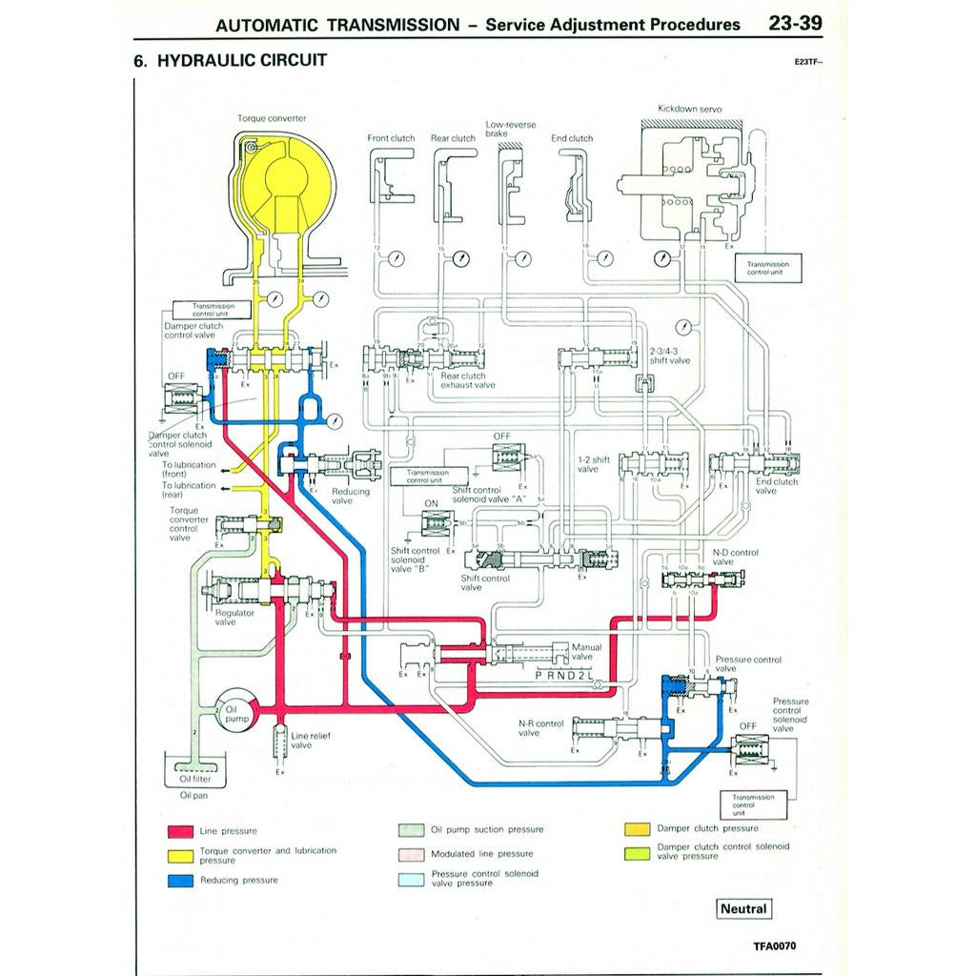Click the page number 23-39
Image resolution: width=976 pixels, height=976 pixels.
tap(796, 23)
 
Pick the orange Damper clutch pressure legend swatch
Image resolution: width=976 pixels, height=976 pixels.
tap(637, 828)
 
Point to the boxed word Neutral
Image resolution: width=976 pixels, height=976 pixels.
tap(742, 908)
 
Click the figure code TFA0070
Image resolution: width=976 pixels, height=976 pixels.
tap(773, 946)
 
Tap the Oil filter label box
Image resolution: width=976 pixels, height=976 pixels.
tap(194, 779)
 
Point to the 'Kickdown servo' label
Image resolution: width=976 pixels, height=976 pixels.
tap(689, 110)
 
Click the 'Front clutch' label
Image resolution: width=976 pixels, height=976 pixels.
tap(391, 138)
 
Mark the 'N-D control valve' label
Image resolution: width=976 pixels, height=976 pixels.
tap(735, 557)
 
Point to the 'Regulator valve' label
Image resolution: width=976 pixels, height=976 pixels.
tap(225, 618)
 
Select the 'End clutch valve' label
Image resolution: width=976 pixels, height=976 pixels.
tap(778, 486)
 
